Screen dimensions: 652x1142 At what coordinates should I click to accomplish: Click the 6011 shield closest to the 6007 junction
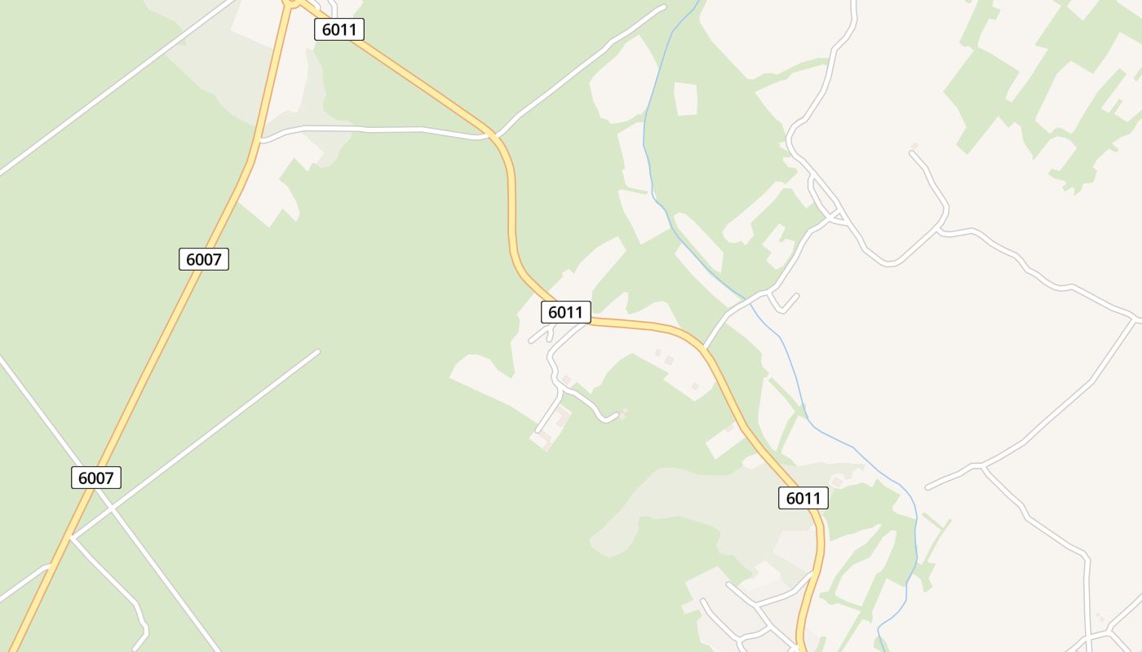click(339, 29)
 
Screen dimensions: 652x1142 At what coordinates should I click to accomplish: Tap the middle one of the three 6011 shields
click(565, 312)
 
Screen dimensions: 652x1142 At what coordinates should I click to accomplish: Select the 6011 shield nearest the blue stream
click(803, 498)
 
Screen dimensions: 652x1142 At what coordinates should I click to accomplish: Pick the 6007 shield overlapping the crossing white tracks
click(96, 478)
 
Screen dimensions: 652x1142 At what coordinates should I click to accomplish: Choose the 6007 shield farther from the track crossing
click(203, 259)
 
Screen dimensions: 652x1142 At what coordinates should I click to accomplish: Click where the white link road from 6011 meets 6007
click(259, 141)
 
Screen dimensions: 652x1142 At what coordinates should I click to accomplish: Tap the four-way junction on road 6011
click(493, 134)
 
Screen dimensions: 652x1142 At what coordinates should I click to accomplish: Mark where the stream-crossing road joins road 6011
click(703, 349)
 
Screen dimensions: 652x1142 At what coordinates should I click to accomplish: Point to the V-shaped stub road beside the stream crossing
click(781, 306)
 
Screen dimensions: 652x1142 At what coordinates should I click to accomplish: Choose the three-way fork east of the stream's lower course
click(984, 466)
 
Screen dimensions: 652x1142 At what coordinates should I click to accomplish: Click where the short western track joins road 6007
click(49, 565)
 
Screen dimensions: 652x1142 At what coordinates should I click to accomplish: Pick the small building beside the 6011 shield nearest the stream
click(836, 482)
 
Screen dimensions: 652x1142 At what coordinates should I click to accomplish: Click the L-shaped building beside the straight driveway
click(561, 419)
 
